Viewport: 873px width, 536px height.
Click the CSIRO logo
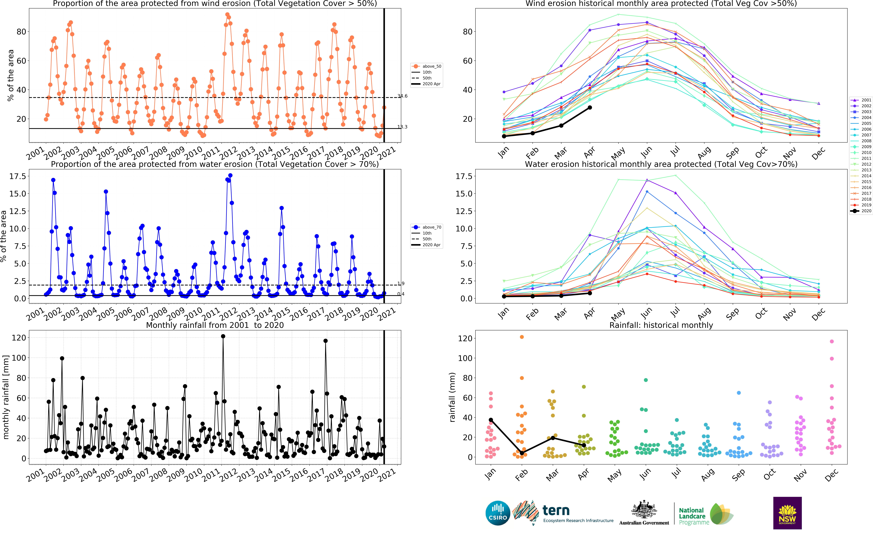pyautogui.click(x=498, y=513)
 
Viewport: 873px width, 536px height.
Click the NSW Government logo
pyautogui.click(x=787, y=513)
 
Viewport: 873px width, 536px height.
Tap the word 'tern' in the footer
pyautogui.click(x=556, y=510)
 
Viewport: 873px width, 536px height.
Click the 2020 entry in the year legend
pyautogui.click(x=861, y=211)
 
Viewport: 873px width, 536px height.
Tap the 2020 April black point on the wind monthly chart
pyautogui.click(x=590, y=107)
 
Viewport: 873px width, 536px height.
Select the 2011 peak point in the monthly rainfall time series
pyautogui.click(x=223, y=336)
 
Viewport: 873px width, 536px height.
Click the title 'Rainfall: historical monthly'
pyautogui.click(x=661, y=325)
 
